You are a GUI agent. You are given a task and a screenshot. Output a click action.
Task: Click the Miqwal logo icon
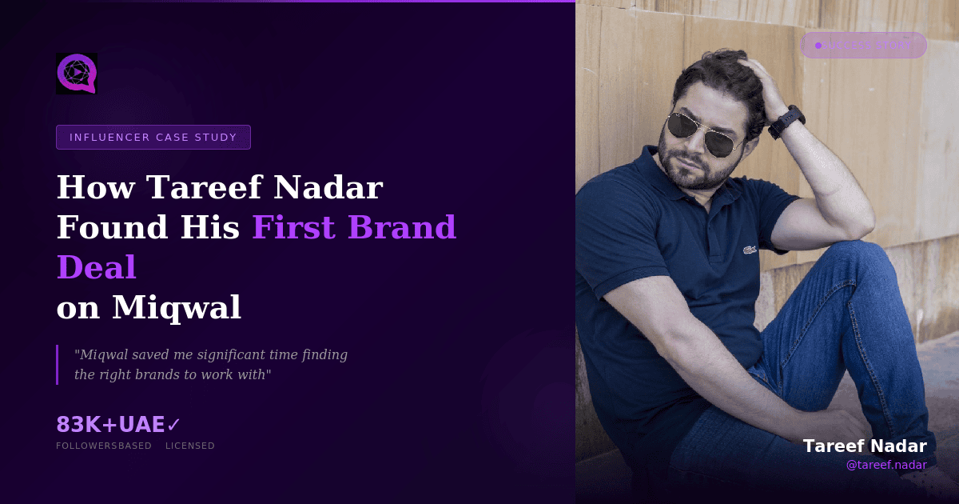pos(77,74)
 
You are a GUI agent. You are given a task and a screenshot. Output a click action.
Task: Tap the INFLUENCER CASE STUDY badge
pos(153,138)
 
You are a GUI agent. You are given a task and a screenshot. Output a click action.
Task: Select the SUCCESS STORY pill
pos(864,46)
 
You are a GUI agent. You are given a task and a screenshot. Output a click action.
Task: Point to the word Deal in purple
pos(96,268)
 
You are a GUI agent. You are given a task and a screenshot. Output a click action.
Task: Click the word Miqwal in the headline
pos(177,308)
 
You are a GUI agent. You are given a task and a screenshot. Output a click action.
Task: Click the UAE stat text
pos(142,425)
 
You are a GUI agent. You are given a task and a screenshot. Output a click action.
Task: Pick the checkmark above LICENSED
pos(173,425)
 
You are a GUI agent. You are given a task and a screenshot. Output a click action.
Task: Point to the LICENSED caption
pos(190,446)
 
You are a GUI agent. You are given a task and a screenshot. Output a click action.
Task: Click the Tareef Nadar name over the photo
pos(865,446)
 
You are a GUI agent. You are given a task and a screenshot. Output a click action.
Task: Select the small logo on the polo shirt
pos(750,250)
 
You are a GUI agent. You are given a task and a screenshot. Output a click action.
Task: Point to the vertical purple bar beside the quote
pos(58,364)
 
